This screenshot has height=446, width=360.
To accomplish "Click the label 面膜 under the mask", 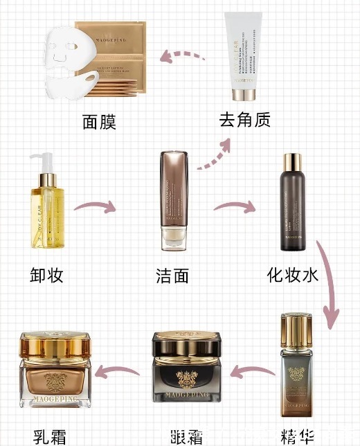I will pos(98,123).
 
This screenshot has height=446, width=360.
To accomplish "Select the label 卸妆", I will pos(47,275).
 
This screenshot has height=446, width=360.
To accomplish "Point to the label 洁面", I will pos(172,276).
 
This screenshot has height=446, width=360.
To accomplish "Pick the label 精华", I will pos(298,436).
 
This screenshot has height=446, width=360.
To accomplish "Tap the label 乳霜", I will pos(52,436).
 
